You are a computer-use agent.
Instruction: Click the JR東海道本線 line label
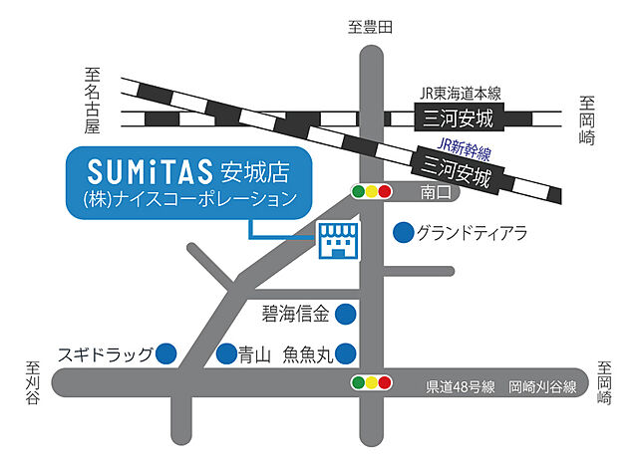click(x=459, y=94)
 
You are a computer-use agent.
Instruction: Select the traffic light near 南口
click(x=372, y=190)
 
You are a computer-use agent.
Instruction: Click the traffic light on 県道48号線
click(x=372, y=382)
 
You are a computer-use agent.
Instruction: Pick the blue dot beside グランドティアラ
click(x=403, y=234)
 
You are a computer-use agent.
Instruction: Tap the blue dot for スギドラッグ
click(x=166, y=352)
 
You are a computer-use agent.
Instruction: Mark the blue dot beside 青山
click(x=226, y=353)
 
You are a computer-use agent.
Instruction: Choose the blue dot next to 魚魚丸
click(x=346, y=353)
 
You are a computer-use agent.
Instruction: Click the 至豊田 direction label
click(x=371, y=27)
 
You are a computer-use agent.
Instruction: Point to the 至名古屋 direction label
click(x=95, y=98)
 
